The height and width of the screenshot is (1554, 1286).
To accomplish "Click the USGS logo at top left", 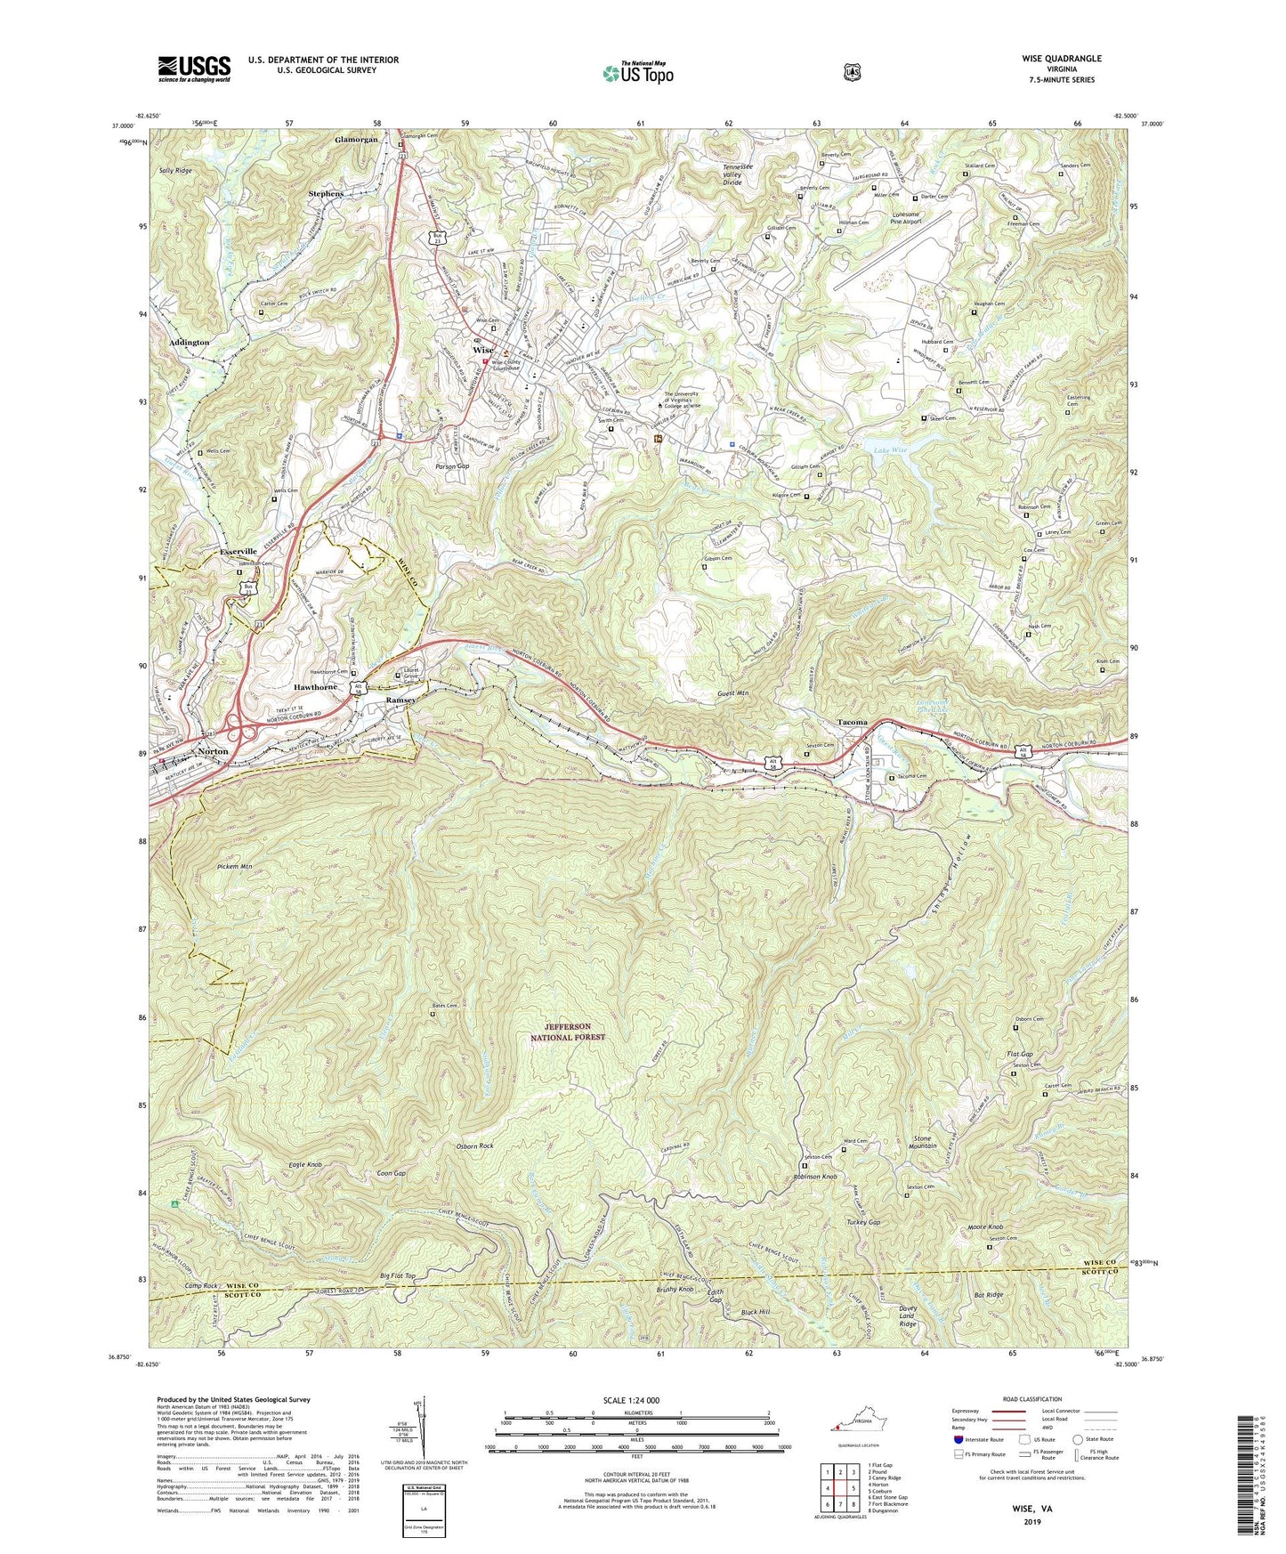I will tap(194, 68).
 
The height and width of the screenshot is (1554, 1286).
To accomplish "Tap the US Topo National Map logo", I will tap(637, 73).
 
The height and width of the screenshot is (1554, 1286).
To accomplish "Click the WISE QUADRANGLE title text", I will tap(1061, 59).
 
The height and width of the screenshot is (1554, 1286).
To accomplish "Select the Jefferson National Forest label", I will tap(568, 1032).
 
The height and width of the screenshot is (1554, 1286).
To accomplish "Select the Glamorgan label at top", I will tap(356, 140).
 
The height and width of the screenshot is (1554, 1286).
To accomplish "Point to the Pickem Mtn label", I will tap(234, 865).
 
